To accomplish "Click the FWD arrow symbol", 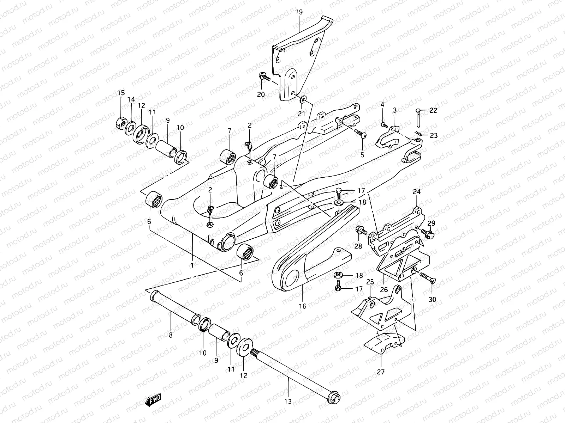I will (153, 400).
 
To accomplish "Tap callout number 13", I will (288, 401).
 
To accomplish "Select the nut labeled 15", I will (121, 122).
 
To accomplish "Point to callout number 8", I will (171, 335).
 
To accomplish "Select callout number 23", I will (434, 135).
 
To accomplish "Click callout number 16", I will (302, 306).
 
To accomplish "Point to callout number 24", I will (417, 192).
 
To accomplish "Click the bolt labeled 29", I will (428, 233).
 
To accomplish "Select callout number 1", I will (192, 265).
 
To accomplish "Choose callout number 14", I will (131, 100).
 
